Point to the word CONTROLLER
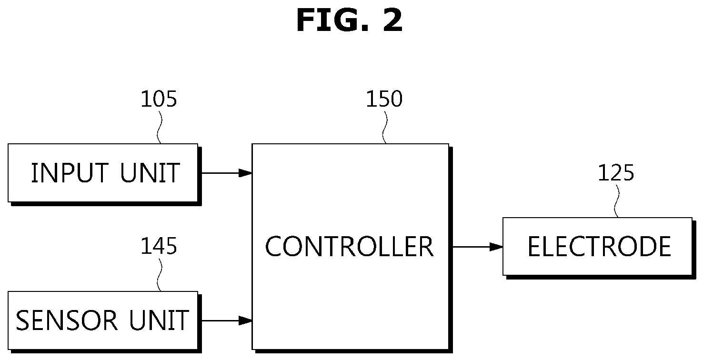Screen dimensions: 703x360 tap(349, 246)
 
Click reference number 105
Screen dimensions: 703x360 tap(159, 99)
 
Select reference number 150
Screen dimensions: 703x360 tap(384, 99)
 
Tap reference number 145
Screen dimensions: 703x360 tap(159, 246)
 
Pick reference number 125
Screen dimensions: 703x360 tap(616, 173)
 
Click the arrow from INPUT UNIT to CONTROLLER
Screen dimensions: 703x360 tap(226, 173)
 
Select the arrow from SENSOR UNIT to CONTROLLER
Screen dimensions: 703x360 tap(226, 320)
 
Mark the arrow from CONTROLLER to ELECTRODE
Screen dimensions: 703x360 tap(477, 247)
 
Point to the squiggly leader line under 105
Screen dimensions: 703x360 tap(160, 127)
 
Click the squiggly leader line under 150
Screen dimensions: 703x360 tap(385, 127)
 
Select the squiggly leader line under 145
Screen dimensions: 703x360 tap(160, 275)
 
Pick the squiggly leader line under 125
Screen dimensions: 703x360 tap(617, 201)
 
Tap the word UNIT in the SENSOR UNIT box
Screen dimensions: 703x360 tap(159, 320)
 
